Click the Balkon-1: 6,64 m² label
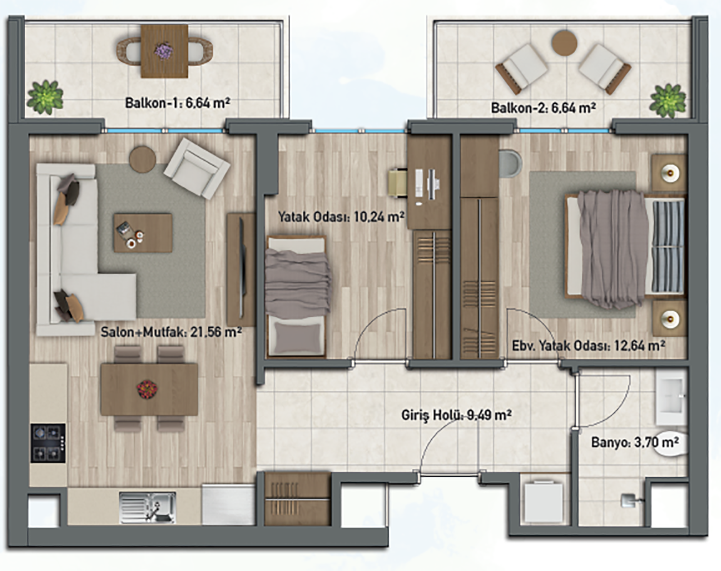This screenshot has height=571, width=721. point(178,103)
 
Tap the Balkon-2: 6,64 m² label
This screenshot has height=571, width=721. point(543,108)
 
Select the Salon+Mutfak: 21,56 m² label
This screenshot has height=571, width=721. point(171,332)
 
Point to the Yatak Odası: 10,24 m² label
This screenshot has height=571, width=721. point(341,217)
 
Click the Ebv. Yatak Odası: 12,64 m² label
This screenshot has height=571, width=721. point(589,346)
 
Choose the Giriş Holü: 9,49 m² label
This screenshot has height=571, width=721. point(456,416)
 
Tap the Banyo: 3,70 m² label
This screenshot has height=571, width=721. point(635,442)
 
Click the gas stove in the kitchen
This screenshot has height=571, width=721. point(48,443)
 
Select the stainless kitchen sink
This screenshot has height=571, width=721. point(147,507)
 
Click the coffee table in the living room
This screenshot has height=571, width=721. point(143,233)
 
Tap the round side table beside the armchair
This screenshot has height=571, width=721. point(142,160)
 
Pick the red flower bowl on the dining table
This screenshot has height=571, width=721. point(147,389)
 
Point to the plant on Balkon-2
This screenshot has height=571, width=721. point(667,100)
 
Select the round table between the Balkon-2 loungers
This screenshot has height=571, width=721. point(565,43)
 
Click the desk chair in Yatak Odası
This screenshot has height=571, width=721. point(398,183)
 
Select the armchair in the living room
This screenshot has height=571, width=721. point(197,169)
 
